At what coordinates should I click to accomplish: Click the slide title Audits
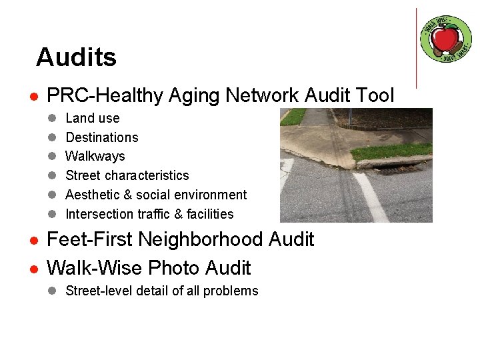pos(76,57)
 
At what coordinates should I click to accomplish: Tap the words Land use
pos(93,118)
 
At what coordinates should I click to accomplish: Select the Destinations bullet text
pos(101,137)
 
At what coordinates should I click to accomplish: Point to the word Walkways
pos(95,156)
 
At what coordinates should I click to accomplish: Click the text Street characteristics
pos(127,175)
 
